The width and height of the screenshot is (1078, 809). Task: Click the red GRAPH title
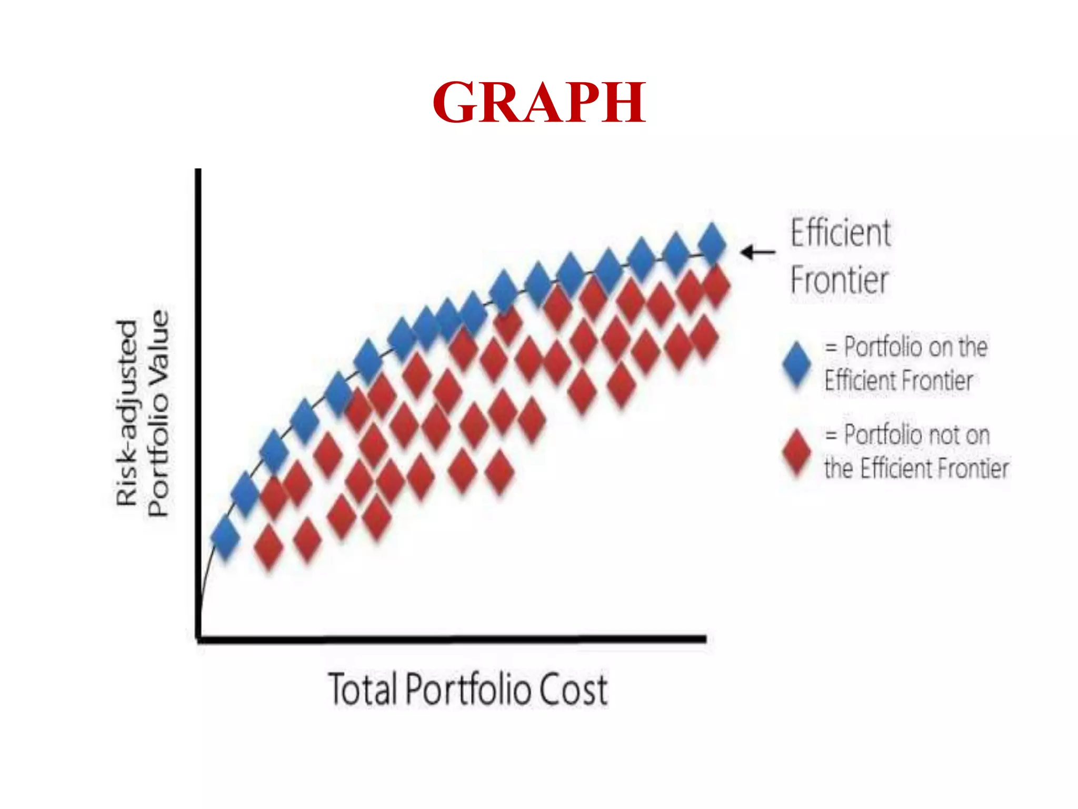click(539, 102)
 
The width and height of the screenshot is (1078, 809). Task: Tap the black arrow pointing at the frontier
click(758, 252)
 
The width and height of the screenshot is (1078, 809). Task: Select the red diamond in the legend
click(797, 452)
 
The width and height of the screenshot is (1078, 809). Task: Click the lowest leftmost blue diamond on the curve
click(225, 537)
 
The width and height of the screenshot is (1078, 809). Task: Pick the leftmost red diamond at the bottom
click(269, 547)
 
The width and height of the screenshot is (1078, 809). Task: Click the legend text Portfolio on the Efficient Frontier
click(905, 363)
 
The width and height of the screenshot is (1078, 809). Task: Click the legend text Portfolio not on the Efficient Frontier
click(916, 451)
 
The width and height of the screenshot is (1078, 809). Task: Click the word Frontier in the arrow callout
click(840, 280)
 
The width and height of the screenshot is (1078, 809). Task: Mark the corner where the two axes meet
click(198, 639)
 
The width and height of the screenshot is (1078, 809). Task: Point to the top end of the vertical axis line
click(198, 171)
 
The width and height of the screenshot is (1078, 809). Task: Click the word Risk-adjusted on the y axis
click(127, 413)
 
